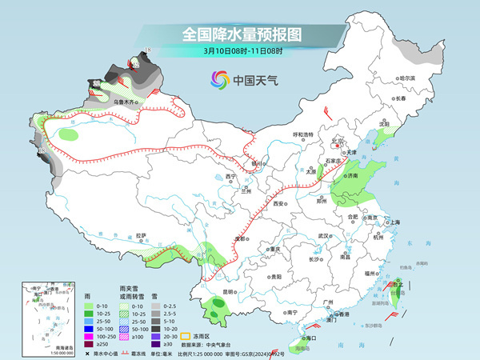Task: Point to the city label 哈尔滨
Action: click(x=407, y=78)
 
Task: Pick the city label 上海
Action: click(x=392, y=222)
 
